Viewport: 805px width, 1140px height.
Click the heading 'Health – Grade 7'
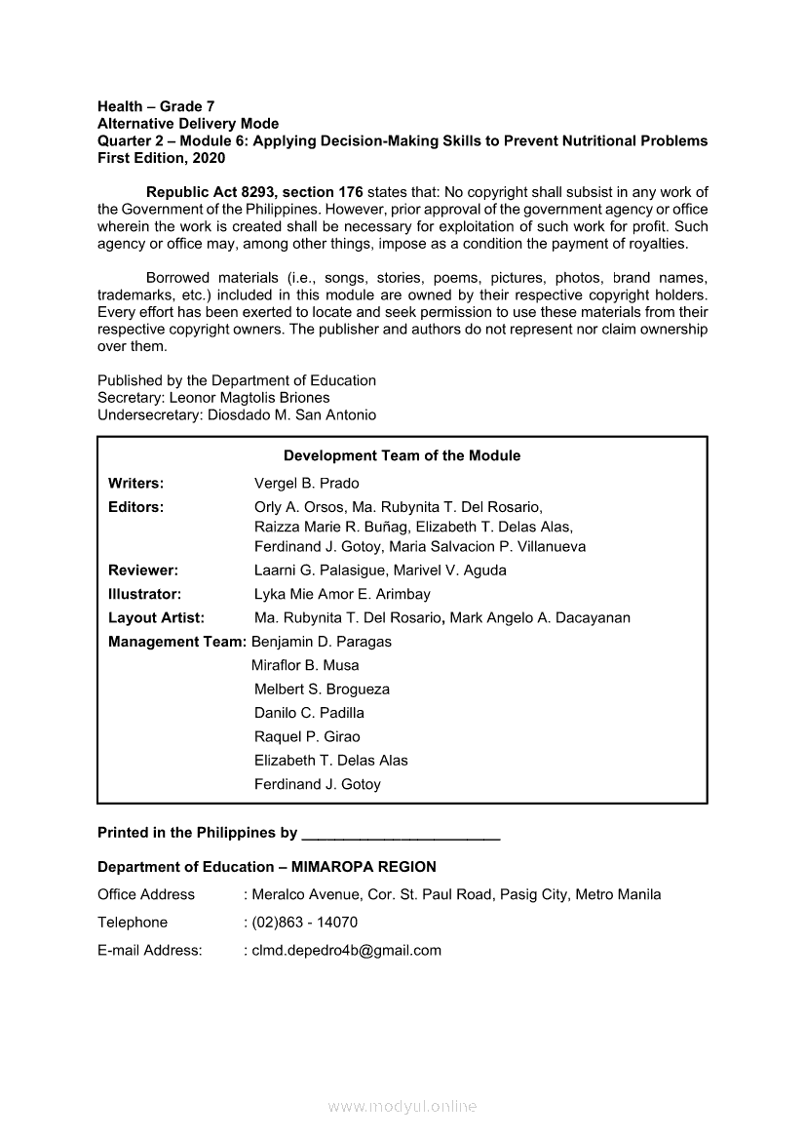point(156,106)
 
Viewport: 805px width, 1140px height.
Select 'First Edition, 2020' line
point(161,158)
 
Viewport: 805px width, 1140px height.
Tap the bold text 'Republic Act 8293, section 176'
point(252,192)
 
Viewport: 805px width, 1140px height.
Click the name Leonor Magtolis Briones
point(249,398)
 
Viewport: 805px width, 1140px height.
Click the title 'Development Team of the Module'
point(402,455)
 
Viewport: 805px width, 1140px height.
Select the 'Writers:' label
point(135,484)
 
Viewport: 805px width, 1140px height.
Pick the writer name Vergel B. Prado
point(306,484)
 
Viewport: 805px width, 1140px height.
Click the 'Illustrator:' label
point(144,594)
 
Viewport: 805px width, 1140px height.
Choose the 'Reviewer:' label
point(142,570)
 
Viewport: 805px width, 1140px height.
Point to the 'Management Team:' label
point(177,642)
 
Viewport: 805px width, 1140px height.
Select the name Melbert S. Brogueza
point(322,689)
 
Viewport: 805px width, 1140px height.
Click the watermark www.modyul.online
point(402,1107)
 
